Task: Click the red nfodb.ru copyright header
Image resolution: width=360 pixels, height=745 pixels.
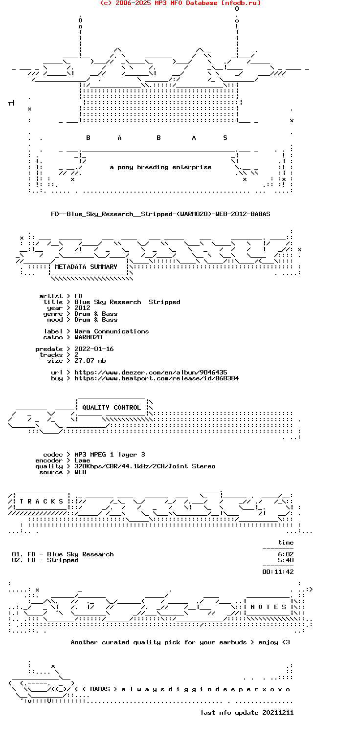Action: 180,3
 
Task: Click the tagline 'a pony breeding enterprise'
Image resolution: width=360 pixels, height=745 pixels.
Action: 161,167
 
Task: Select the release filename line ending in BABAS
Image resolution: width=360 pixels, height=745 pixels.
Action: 160,214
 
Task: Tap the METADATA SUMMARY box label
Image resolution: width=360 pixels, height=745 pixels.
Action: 86,267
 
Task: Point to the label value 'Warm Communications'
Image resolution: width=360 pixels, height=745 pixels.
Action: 112,331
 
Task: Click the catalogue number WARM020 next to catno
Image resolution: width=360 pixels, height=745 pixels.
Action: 88,337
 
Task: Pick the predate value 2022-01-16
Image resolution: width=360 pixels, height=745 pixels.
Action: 94,349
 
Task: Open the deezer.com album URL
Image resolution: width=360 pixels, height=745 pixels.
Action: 151,372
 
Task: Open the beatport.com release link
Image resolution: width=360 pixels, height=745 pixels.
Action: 157,378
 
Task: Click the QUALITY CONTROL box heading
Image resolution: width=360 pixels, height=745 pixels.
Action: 112,407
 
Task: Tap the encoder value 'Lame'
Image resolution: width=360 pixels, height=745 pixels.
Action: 82,460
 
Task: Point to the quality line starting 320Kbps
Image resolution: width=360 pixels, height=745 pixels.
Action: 145,466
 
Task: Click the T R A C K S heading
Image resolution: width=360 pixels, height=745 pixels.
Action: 41,501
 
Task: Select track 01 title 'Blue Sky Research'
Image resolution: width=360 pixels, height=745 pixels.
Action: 80,554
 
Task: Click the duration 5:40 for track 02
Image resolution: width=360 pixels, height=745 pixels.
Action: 286,560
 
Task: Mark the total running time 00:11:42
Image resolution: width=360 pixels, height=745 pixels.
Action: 278,572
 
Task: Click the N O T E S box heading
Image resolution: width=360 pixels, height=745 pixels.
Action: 268,607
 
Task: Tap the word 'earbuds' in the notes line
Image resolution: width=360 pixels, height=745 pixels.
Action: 233,642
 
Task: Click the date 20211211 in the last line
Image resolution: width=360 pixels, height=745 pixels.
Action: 278,713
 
